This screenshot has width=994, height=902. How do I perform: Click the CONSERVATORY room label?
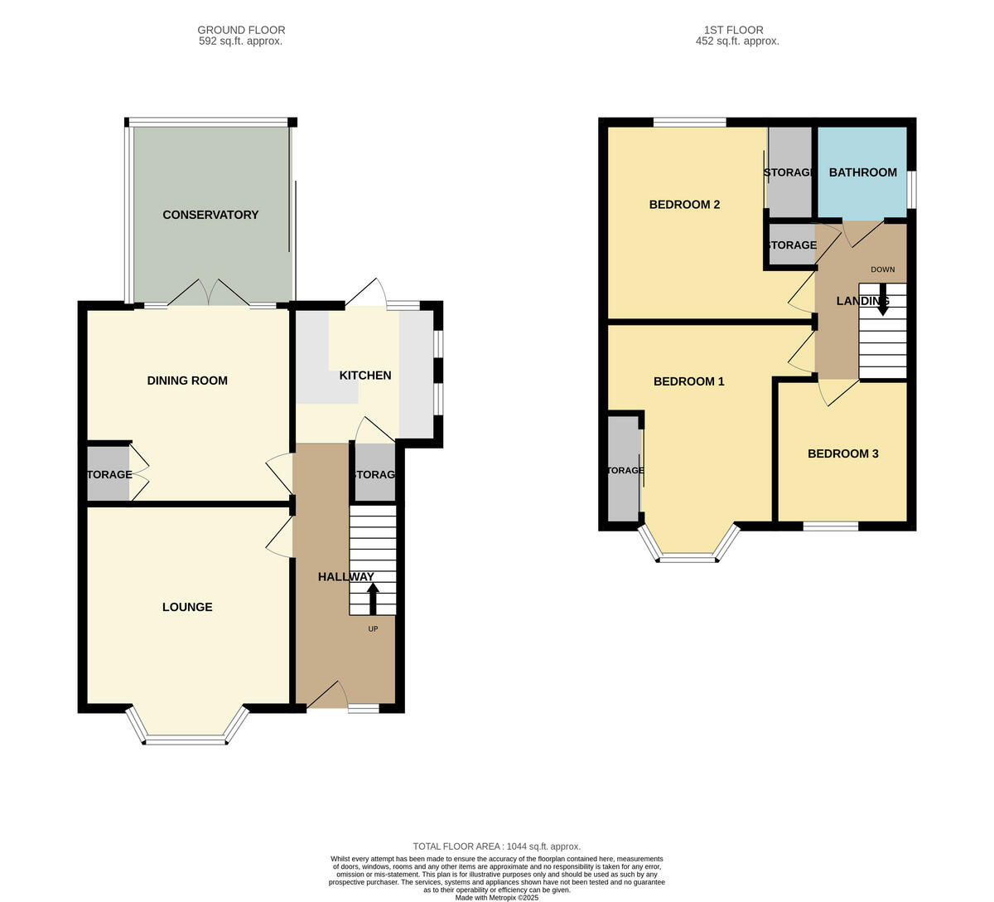pyautogui.click(x=210, y=215)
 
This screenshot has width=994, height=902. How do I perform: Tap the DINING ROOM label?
pyautogui.click(x=187, y=381)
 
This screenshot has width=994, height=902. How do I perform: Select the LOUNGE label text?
pyautogui.click(x=187, y=607)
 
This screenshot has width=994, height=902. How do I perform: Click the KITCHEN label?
pyautogui.click(x=365, y=376)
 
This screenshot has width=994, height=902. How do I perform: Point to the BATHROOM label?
pyautogui.click(x=862, y=172)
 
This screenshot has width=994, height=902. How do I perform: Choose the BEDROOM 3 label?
pyautogui.click(x=843, y=453)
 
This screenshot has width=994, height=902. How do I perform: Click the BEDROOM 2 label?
pyautogui.click(x=684, y=205)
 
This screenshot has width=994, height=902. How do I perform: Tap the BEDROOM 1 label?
pyautogui.click(x=689, y=381)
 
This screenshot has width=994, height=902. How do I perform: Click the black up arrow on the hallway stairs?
pyautogui.click(x=373, y=597)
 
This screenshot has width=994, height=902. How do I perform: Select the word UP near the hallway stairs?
pyautogui.click(x=373, y=629)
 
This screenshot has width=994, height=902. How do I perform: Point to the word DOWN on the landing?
pyautogui.click(x=882, y=269)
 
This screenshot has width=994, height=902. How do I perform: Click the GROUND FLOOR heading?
pyautogui.click(x=240, y=30)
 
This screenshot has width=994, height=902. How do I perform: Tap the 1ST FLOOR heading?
pyautogui.click(x=737, y=30)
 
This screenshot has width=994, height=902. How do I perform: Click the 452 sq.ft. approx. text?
pyautogui.click(x=737, y=41)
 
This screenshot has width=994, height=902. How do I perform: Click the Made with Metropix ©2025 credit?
pyautogui.click(x=497, y=897)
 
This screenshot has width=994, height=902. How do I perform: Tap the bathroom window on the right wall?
pyautogui.click(x=911, y=190)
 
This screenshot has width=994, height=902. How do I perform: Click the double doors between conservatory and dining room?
pyautogui.click(x=211, y=294)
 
